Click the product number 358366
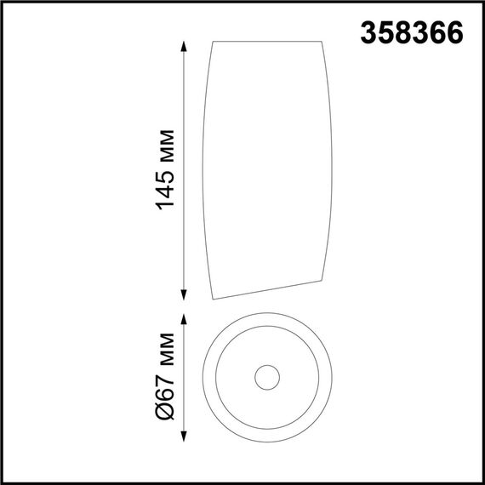[412, 32]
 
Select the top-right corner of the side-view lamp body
[321, 40]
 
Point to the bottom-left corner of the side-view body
[213, 299]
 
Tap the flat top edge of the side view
[266, 41]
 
